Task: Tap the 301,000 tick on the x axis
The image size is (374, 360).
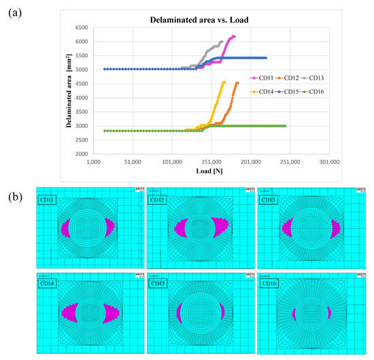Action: coord(330,162)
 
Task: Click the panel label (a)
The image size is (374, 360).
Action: coord(15,12)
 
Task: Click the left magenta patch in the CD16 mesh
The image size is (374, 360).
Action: coord(294,313)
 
